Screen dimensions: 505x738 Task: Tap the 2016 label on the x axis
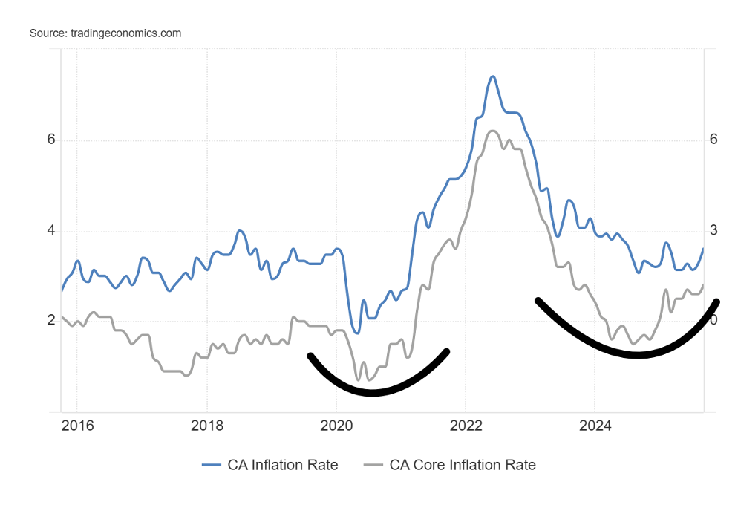pyautogui.click(x=77, y=426)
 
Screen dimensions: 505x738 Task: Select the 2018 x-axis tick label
pyautogui.click(x=207, y=426)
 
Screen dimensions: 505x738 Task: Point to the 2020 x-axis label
pyautogui.click(x=336, y=426)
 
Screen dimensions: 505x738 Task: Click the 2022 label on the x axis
pyautogui.click(x=466, y=426)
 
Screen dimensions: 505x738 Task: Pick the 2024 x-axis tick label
pyautogui.click(x=595, y=426)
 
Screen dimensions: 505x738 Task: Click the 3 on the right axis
pyautogui.click(x=713, y=231)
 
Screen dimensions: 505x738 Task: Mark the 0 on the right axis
pyautogui.click(x=713, y=321)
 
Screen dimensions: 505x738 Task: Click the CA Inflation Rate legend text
pyautogui.click(x=282, y=465)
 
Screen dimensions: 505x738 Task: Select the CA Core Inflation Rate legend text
pyautogui.click(x=463, y=465)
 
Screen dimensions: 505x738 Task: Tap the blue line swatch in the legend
pyautogui.click(x=212, y=465)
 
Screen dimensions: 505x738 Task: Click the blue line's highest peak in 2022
pyautogui.click(x=492, y=76)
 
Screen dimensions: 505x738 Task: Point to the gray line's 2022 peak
pyautogui.click(x=492, y=131)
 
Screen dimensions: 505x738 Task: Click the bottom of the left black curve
pyautogui.click(x=371, y=392)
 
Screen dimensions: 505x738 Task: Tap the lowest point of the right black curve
pyautogui.click(x=637, y=356)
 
